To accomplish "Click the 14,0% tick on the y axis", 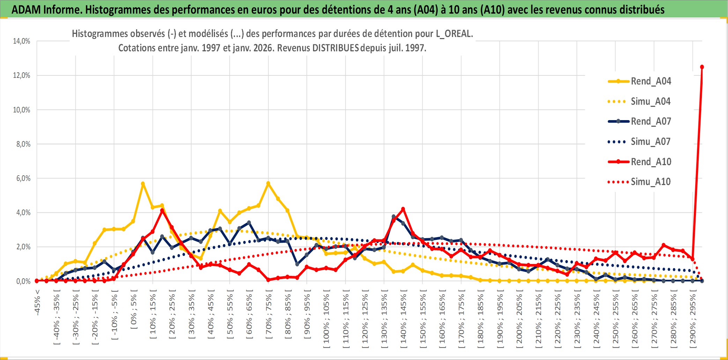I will tap(22, 41).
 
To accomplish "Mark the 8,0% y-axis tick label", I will tap(23, 144).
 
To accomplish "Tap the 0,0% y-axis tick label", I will tap(23, 281).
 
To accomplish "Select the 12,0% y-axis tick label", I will tap(22, 75).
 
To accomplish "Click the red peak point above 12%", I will tap(702, 67).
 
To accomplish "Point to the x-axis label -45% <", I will tap(37, 302).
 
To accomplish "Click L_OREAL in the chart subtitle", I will tap(454, 34).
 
